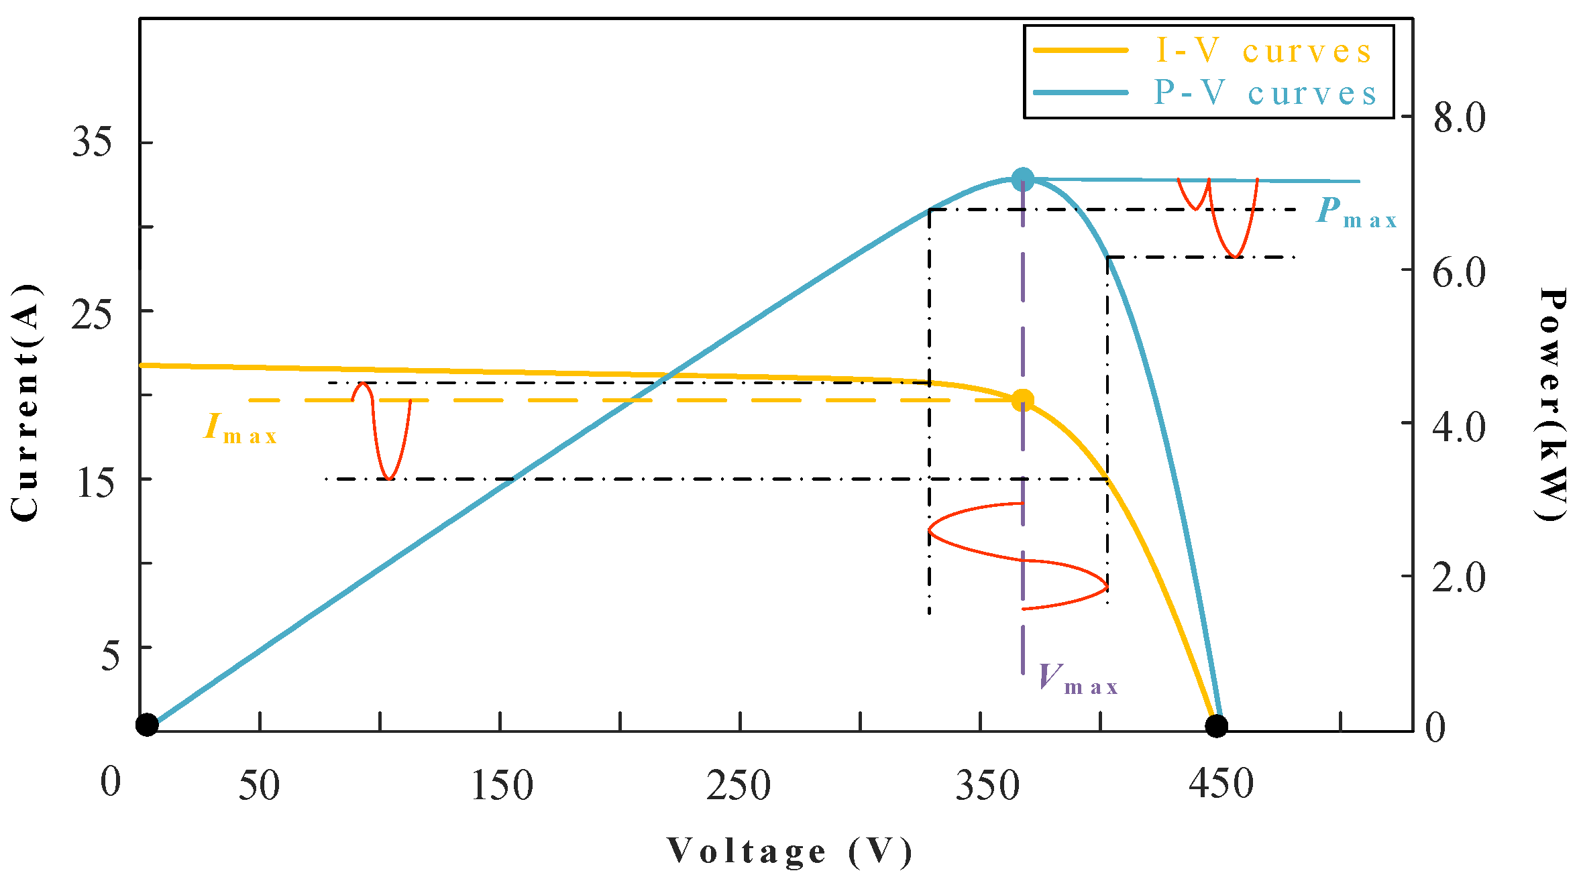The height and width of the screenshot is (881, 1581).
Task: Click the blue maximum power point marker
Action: click(1022, 179)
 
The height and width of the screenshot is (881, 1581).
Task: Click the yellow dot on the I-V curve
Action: click(1022, 400)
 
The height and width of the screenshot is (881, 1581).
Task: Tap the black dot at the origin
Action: click(147, 725)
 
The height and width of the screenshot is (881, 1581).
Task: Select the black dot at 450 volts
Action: click(1216, 725)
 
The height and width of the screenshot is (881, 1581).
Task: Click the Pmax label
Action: click(1355, 213)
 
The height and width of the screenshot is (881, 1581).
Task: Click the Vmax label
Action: click(1077, 679)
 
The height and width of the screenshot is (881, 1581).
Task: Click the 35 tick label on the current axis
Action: click(92, 142)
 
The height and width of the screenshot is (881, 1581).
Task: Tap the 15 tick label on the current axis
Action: click(95, 481)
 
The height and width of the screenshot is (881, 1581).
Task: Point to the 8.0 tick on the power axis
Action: click(1459, 117)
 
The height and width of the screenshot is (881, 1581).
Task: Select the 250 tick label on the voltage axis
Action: click(739, 785)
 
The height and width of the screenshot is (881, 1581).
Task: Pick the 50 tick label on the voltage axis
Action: click(259, 785)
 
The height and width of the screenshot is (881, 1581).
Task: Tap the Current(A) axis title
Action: click(25, 402)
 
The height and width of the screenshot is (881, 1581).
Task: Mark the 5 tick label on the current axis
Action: click(111, 654)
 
